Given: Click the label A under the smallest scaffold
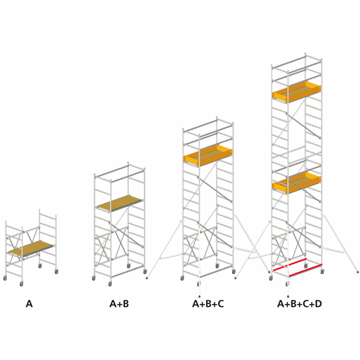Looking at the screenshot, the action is click(29, 304).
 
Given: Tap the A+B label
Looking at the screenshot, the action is click(119, 304).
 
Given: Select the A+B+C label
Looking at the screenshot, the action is click(208, 304).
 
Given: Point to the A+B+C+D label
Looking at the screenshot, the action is click(299, 304).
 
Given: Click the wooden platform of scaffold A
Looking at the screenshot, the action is click(31, 249).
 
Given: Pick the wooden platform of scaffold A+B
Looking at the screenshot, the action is click(120, 203).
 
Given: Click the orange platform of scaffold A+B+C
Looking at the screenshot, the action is click(208, 156).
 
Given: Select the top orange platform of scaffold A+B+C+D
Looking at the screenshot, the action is click(296, 92).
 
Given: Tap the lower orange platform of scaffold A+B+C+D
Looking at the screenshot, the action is click(296, 182).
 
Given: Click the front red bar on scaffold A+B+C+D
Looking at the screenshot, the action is click(305, 271).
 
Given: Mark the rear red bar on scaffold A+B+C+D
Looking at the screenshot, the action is click(289, 265).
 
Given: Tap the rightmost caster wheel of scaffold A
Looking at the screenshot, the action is click(57, 272).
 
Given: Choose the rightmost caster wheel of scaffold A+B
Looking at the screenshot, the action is click(145, 272).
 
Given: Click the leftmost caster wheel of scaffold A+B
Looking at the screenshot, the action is click(94, 278).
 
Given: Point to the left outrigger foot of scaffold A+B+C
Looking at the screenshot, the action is click(147, 278).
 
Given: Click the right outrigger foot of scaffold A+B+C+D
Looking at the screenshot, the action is click(358, 272).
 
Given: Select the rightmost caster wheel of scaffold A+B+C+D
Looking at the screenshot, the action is click(322, 272).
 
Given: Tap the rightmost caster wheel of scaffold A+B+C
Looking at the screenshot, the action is click(233, 272).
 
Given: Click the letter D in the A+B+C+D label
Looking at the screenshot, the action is click(318, 304).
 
